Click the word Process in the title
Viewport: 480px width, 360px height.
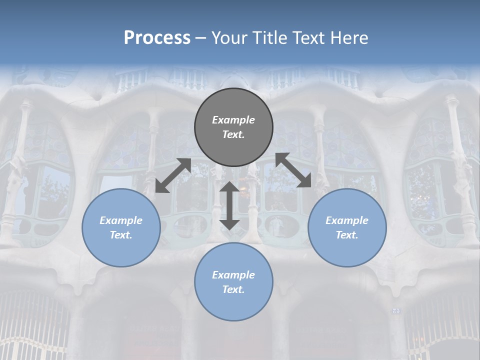(157, 38)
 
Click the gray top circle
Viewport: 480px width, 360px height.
(233, 102)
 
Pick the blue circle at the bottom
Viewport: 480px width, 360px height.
(233, 305)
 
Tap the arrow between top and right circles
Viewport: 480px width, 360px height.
(293, 170)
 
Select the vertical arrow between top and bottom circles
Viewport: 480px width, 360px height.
(229, 205)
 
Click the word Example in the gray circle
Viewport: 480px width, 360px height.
(233, 120)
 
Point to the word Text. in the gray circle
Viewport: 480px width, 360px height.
(233, 134)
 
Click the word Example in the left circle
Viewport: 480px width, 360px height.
(121, 220)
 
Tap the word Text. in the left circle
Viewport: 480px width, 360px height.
(121, 235)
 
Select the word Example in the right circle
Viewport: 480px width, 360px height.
(347, 220)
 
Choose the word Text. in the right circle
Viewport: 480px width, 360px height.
(347, 235)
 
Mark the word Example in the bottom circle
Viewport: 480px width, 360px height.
(233, 275)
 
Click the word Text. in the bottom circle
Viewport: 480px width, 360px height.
(233, 289)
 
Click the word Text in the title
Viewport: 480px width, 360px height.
(308, 38)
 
